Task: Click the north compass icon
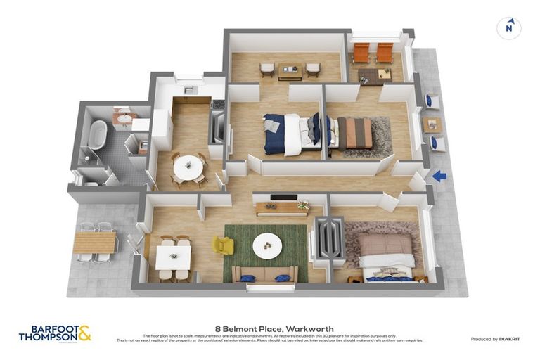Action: click(508, 28)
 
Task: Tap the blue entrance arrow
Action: click(439, 176)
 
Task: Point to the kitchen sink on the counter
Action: click(188, 90)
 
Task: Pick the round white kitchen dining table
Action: click(188, 167)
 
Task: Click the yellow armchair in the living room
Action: click(222, 245)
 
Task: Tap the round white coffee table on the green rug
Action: click(267, 245)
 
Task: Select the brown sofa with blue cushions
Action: click(264, 275)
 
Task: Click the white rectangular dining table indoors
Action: click(173, 257)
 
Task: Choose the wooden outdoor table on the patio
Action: click(94, 243)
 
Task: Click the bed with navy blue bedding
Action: click(289, 134)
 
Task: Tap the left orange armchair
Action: click(361, 52)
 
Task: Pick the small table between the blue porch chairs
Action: click(432, 124)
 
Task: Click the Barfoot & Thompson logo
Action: click(55, 333)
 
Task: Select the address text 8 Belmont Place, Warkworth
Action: click(274, 328)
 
